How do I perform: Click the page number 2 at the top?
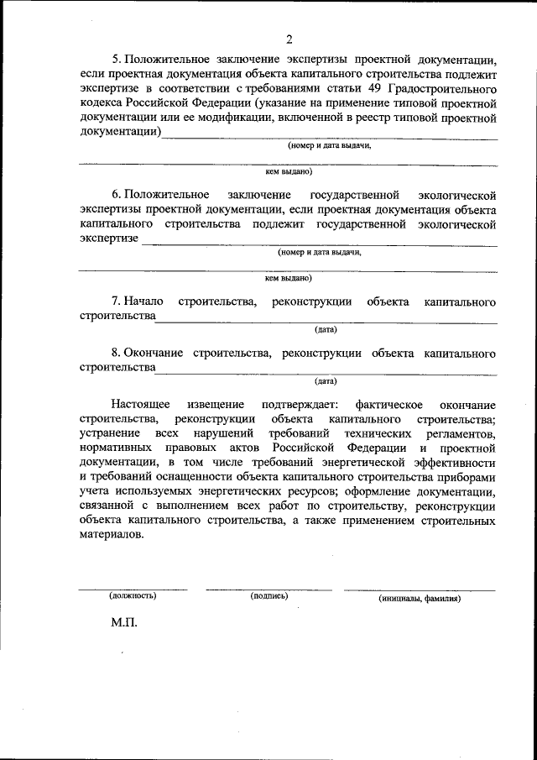coord(289,39)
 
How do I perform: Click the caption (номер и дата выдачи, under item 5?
coord(329,144)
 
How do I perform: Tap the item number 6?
coord(116,195)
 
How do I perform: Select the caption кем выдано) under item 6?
coord(288,277)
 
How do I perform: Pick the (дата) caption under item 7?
coord(326,329)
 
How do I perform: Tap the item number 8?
coord(116,353)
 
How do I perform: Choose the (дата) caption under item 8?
coord(326,380)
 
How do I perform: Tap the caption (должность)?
coord(133,596)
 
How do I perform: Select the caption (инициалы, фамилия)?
coord(419,599)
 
